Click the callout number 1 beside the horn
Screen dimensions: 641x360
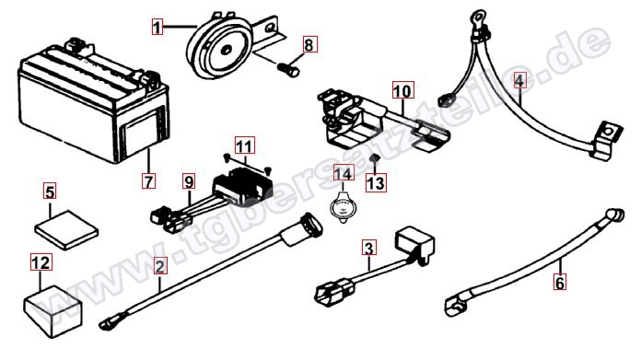157,27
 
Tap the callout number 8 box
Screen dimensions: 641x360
309,44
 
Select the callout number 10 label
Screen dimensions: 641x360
402,90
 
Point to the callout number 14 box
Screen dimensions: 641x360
344,173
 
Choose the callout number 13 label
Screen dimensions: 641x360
375,182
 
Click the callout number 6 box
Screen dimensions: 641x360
560,282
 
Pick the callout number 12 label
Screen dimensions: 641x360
41,262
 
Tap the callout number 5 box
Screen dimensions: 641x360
51,192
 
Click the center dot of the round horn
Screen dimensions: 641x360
226,51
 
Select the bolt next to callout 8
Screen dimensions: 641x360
288,68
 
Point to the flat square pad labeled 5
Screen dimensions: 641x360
66,229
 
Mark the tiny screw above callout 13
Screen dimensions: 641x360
373,157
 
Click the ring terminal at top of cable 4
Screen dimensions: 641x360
476,18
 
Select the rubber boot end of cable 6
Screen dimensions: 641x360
615,215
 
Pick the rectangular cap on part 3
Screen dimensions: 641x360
414,244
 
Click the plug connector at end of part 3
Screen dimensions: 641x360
334,291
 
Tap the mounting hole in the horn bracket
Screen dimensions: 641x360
270,29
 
